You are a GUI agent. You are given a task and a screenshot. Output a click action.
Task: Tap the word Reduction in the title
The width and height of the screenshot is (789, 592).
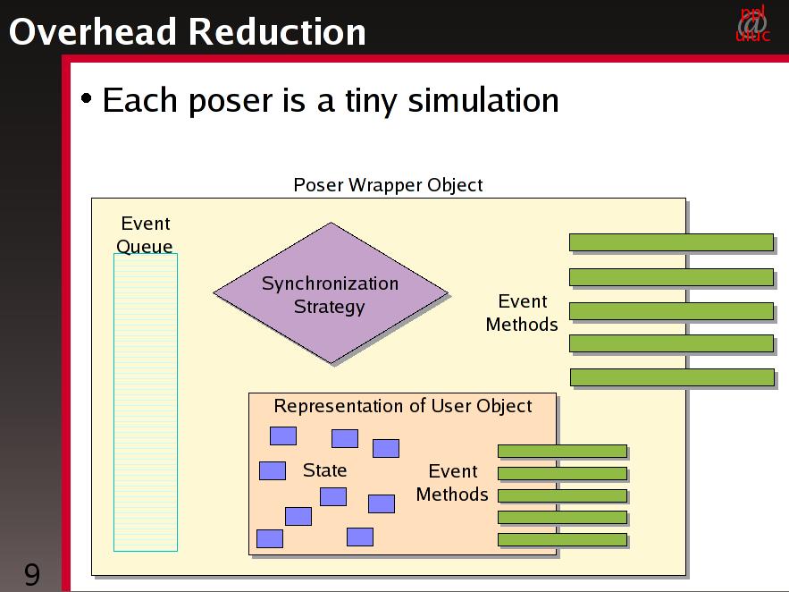pos(277,31)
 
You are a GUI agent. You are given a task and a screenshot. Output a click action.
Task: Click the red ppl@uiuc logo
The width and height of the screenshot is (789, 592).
pos(752,23)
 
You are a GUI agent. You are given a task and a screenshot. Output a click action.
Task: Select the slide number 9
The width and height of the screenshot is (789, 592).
pos(31,574)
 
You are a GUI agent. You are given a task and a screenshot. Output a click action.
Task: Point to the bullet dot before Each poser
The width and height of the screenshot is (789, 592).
pos(87,97)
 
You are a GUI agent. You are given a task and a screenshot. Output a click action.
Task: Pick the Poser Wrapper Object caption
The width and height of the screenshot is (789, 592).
pos(388,185)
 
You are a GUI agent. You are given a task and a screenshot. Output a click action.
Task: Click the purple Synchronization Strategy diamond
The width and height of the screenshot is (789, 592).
pos(331,293)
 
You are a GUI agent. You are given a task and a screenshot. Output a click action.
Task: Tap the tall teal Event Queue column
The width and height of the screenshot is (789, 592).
pos(146,402)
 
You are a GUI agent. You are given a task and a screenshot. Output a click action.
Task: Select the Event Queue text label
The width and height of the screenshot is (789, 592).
pos(145,234)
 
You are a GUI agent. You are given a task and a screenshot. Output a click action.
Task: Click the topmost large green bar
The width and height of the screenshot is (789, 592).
pos(671,242)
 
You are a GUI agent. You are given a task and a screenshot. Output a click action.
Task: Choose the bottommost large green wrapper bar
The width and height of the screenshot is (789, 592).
pos(672,377)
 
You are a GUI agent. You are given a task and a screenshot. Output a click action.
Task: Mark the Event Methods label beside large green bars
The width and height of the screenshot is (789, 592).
pos(522,313)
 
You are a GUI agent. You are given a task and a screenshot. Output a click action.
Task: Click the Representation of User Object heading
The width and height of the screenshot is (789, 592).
pos(403,406)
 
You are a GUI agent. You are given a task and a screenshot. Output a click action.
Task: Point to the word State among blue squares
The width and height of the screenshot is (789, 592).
pos(324,470)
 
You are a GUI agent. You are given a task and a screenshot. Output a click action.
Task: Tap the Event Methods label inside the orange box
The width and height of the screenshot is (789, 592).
pos(452,483)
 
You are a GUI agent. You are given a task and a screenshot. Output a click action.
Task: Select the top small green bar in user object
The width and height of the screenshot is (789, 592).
pos(563,451)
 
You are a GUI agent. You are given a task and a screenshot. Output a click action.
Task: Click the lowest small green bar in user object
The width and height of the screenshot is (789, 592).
pos(563,539)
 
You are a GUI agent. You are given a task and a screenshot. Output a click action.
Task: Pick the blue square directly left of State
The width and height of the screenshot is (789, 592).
pos(273,470)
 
